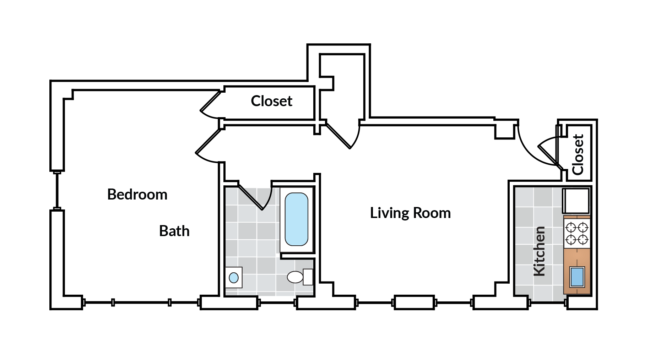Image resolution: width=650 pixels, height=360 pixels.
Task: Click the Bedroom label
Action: pyautogui.click(x=137, y=195)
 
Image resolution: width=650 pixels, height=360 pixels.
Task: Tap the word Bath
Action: pyautogui.click(x=174, y=231)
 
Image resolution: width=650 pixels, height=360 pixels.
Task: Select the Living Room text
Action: pyautogui.click(x=410, y=213)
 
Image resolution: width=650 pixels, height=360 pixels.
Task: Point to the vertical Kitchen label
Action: pyautogui.click(x=540, y=251)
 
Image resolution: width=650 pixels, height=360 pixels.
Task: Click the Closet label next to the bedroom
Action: pyautogui.click(x=271, y=101)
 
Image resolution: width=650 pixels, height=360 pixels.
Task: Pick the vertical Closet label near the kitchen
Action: pyautogui.click(x=578, y=154)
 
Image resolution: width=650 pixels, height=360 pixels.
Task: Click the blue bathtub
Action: pyautogui.click(x=296, y=219)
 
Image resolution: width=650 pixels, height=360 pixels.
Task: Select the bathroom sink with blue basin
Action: pyautogui.click(x=234, y=277)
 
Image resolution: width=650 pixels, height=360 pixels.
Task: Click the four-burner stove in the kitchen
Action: pyautogui.click(x=577, y=233)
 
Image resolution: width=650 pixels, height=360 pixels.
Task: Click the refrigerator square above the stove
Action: pyautogui.click(x=576, y=201)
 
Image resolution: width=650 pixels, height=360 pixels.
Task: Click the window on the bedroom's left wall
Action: pyautogui.click(x=56, y=191)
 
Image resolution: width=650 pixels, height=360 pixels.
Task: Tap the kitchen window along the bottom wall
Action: pyautogui.click(x=547, y=303)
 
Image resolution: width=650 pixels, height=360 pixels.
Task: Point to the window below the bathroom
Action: pyautogui.click(x=277, y=303)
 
